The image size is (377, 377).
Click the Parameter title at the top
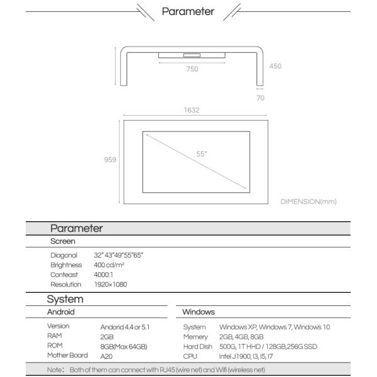click(x=188, y=11)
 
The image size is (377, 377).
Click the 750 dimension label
click(x=192, y=69)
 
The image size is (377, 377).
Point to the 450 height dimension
click(x=275, y=66)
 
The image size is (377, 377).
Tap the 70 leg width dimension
click(x=260, y=98)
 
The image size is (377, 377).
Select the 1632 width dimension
click(x=192, y=110)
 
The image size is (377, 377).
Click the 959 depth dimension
click(x=110, y=160)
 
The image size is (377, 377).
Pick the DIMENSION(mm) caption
click(x=309, y=202)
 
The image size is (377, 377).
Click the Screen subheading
click(x=62, y=241)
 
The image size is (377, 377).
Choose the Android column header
click(x=61, y=312)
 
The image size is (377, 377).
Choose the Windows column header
click(x=198, y=312)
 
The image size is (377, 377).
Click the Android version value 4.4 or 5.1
click(x=125, y=327)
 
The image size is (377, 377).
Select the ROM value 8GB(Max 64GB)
click(x=124, y=346)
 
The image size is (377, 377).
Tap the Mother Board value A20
click(x=106, y=356)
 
